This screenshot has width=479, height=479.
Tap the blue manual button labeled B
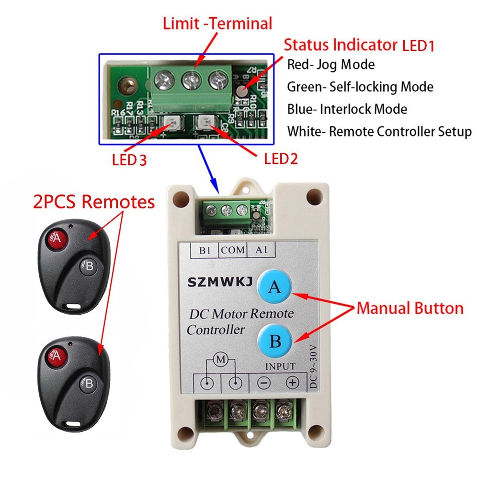pyautogui.click(x=275, y=342)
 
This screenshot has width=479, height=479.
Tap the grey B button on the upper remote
pyautogui.click(x=88, y=266)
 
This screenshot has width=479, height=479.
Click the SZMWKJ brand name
pyautogui.click(x=217, y=285)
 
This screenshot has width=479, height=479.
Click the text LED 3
pyautogui.click(x=129, y=160)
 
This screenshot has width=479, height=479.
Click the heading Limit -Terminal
pyautogui.click(x=217, y=23)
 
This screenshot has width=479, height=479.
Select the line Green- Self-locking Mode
pyautogui.click(x=360, y=87)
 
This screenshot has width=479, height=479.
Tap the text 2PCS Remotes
pyautogui.click(x=94, y=202)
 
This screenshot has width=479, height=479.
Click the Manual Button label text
pyautogui.click(x=410, y=308)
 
